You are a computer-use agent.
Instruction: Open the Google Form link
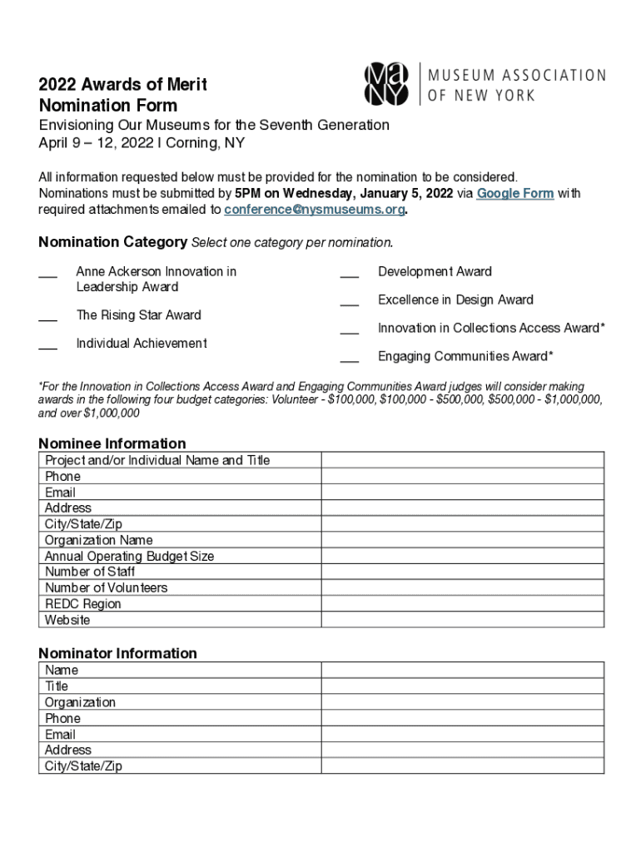click(514, 193)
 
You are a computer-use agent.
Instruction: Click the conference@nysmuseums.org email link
click(315, 210)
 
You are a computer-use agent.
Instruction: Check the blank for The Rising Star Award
click(47, 317)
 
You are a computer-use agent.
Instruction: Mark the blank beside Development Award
click(349, 274)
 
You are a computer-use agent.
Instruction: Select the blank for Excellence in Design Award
click(349, 302)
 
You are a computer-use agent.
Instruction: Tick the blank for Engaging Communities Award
click(349, 359)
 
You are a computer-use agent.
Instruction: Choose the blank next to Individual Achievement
click(47, 345)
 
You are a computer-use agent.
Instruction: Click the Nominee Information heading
click(112, 443)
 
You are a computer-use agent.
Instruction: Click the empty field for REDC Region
click(463, 604)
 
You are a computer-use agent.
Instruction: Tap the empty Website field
click(463, 620)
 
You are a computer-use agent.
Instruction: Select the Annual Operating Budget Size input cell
click(463, 556)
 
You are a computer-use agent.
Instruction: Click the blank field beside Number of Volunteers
click(463, 588)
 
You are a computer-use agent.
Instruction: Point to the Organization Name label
click(98, 540)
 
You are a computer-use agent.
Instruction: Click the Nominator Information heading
click(118, 653)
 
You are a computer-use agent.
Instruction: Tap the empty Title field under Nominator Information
click(463, 686)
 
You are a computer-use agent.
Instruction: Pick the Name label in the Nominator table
click(62, 670)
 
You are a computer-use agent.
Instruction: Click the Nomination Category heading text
click(112, 242)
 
